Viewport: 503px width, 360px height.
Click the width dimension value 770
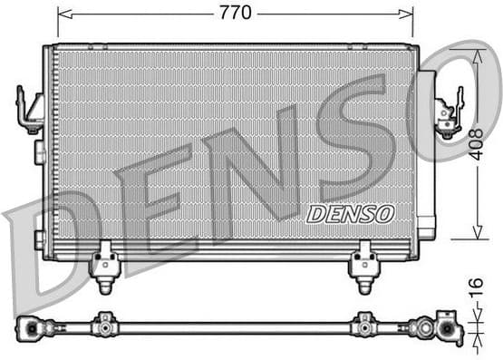pos(236,13)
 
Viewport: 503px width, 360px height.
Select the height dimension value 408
pos(476,144)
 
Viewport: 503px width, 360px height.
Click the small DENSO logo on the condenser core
pos(351,214)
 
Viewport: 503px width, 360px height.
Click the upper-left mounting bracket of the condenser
pos(31,109)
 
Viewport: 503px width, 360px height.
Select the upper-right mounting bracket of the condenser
pos(448,113)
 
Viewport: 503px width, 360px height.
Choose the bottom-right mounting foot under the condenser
pos(363,265)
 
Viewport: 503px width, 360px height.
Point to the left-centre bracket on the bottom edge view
pos(106,324)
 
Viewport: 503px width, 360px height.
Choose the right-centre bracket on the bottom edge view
pos(364,324)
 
